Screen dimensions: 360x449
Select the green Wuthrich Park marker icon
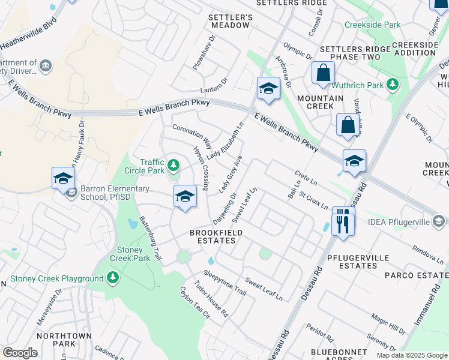tap(393, 85)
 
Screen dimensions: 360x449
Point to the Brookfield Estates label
tap(212, 236)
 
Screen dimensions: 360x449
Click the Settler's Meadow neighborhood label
tap(229, 21)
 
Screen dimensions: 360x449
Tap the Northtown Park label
tap(64, 340)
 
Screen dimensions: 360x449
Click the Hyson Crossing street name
tap(200, 169)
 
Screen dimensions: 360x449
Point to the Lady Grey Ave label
tap(230, 175)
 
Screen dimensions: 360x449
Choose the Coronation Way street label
tap(192, 136)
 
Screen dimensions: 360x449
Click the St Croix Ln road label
tap(313, 200)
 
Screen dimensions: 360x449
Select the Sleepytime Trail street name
tap(224, 283)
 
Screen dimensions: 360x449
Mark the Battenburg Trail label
tap(150, 238)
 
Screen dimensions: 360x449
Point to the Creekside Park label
tap(372, 25)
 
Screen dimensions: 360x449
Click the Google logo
tap(20, 353)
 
